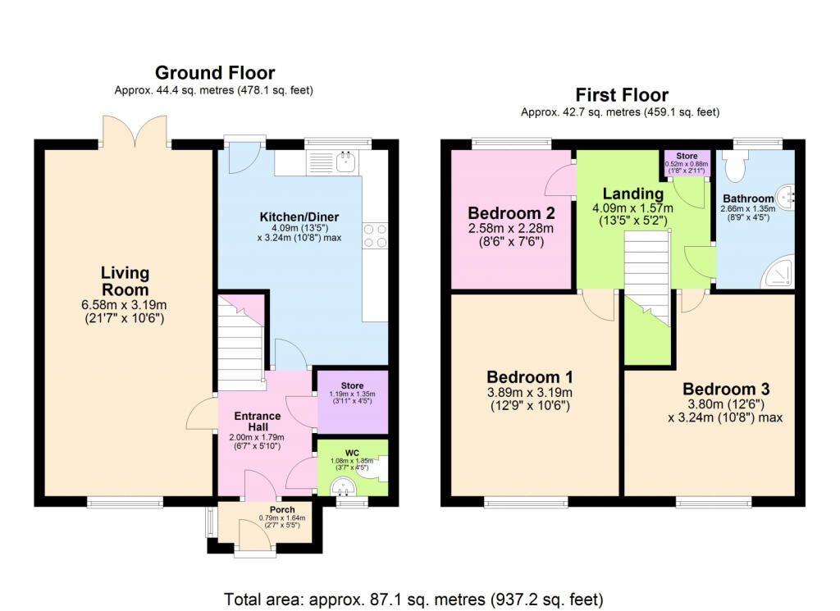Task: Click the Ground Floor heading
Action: pyautogui.click(x=215, y=73)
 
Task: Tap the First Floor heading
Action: pyautogui.click(x=622, y=95)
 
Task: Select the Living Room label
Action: pyautogui.click(x=125, y=281)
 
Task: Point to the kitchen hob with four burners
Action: pyautogui.click(x=375, y=236)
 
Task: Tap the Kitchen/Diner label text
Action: pyautogui.click(x=299, y=217)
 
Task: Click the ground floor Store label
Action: pyautogui.click(x=352, y=385)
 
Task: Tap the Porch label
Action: pyautogui.click(x=282, y=510)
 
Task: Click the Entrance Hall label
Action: pyautogui.click(x=258, y=422)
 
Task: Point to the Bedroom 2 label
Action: pyautogui.click(x=511, y=213)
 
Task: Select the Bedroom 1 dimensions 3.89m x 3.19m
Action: pyautogui.click(x=530, y=393)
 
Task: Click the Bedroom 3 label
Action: pyautogui.click(x=726, y=389)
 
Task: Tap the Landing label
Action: pyautogui.click(x=633, y=194)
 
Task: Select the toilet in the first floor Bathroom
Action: pyautogui.click(x=734, y=165)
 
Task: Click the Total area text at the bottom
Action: pyautogui.click(x=413, y=599)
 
